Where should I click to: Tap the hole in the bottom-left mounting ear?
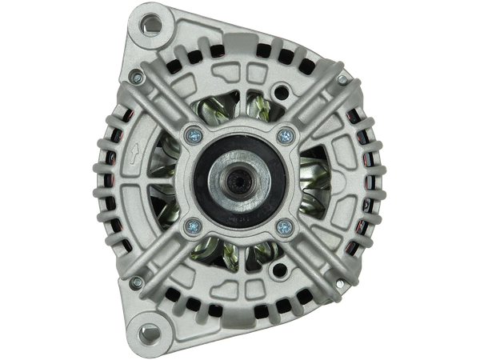[x=149, y=328]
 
